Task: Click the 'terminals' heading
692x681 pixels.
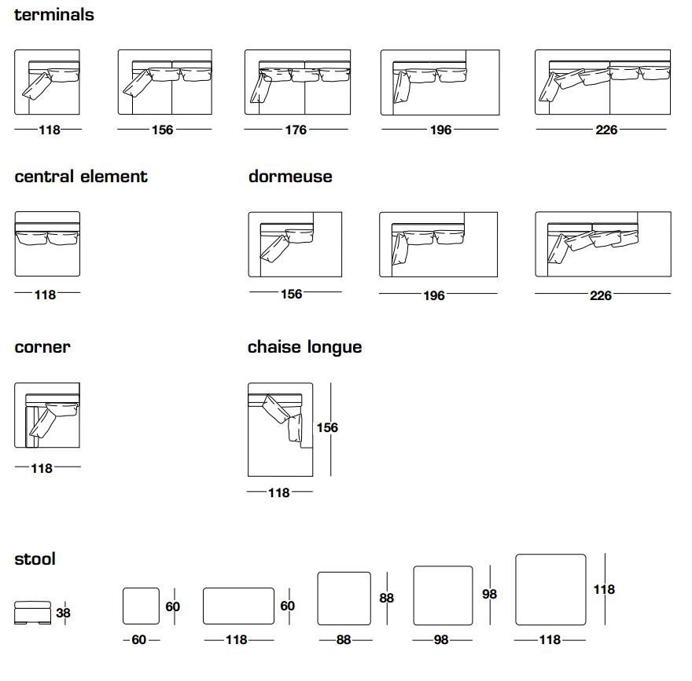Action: [53, 15]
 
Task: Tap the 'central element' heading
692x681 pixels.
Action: [81, 177]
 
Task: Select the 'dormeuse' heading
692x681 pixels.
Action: [290, 177]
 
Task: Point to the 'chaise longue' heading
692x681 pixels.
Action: [304, 347]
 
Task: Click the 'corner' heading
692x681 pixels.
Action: [42, 347]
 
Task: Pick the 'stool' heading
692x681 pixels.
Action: [35, 559]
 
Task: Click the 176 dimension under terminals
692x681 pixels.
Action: [296, 130]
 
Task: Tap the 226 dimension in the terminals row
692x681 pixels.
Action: [606, 130]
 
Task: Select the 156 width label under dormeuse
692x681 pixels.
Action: [291, 294]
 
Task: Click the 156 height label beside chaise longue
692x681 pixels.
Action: [327, 427]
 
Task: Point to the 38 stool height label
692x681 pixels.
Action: [63, 613]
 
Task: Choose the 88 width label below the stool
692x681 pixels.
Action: [344, 639]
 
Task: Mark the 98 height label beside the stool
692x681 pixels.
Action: [489, 594]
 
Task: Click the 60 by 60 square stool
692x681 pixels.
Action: [141, 606]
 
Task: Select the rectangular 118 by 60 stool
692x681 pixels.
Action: [238, 606]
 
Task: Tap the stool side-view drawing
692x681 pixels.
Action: [32, 613]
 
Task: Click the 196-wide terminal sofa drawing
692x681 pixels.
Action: [440, 82]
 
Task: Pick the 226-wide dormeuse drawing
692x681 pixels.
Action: [603, 244]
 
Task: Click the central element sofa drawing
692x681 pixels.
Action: [47, 243]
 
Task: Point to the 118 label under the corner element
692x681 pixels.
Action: [42, 468]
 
